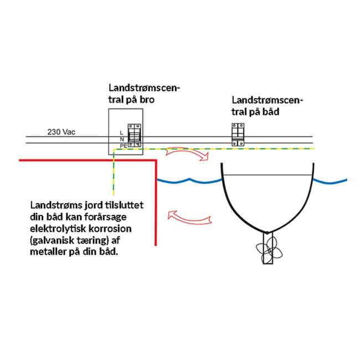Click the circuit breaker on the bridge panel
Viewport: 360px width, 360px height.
pos(133,135)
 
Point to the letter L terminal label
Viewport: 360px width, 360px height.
pos(121,132)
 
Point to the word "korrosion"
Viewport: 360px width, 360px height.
pos(111,229)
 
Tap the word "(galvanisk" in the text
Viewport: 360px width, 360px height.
pos(53,241)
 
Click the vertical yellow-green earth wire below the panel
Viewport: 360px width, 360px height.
pos(113,172)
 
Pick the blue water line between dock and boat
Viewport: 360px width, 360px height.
pos(188,181)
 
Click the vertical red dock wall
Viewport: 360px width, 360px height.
pos(157,205)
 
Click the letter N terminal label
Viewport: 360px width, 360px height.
pos(121,139)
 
